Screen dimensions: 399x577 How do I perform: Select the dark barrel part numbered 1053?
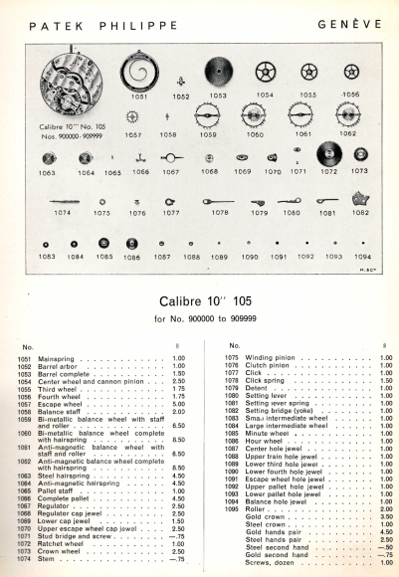219,71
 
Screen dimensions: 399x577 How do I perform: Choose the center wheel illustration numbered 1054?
265,73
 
